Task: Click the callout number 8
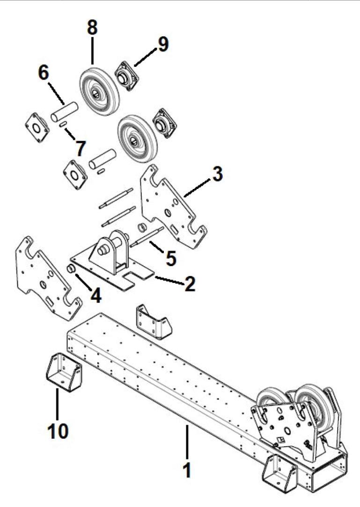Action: click(92, 28)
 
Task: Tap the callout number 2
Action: click(189, 285)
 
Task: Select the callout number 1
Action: click(186, 470)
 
